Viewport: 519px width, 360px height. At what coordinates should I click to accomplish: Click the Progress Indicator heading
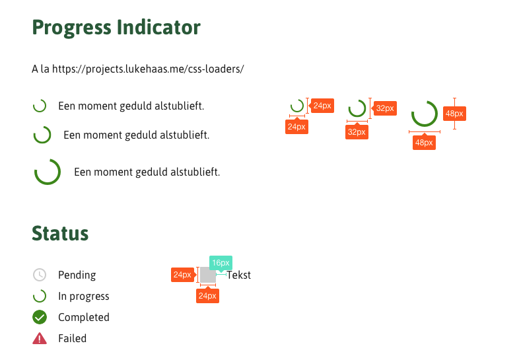tap(116, 28)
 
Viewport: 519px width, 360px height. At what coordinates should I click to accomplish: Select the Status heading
tap(60, 233)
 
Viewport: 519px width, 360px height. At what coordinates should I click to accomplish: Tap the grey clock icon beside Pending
tap(40, 275)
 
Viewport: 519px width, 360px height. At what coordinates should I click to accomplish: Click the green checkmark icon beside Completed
tap(40, 317)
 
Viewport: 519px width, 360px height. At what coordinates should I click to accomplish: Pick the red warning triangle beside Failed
tap(40, 338)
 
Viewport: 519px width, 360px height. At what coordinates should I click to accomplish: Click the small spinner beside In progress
tap(40, 296)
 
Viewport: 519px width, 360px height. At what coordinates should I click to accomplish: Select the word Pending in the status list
tap(77, 275)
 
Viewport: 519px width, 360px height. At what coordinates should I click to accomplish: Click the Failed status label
tap(72, 338)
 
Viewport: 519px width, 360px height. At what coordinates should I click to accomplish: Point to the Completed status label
tap(84, 317)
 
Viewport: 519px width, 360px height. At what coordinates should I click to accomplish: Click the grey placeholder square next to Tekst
tap(207, 275)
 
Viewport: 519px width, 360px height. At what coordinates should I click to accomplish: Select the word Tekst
tap(238, 275)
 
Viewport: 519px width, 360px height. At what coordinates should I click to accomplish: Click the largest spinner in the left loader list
tap(48, 172)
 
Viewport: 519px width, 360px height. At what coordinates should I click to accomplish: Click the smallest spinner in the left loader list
tap(40, 106)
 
